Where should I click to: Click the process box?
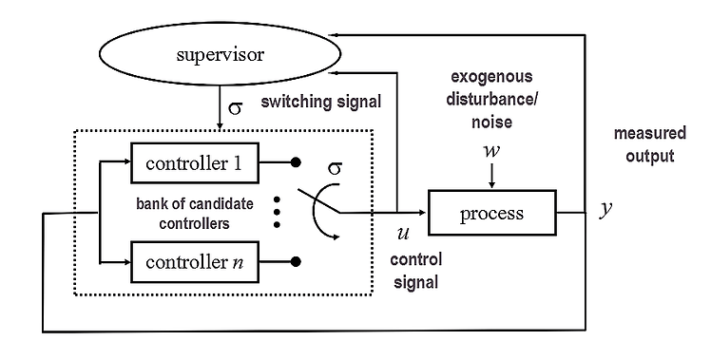pos(491,213)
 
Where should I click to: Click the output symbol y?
pos(605,210)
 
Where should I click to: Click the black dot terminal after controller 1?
pos(297,162)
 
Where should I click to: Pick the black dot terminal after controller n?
pos(297,260)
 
